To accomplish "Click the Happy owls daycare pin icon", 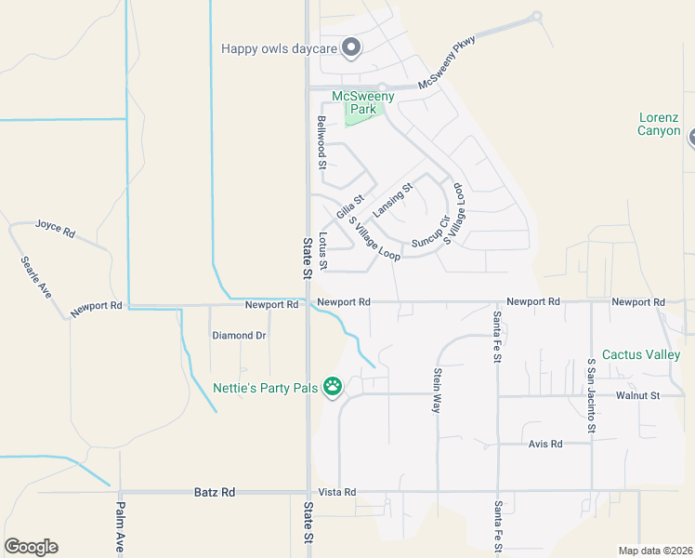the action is [351, 47].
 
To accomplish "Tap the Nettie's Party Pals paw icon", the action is [333, 387].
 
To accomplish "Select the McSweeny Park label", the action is [363, 102].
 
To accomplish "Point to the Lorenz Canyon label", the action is [659, 124].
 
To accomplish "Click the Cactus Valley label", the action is [641, 354].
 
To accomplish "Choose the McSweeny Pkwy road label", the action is [447, 62].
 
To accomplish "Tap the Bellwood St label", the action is [321, 142].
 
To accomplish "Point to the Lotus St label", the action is [322, 251].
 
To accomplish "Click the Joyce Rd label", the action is [54, 227].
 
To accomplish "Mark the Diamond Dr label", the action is [239, 335].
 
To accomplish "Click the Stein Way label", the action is [437, 390].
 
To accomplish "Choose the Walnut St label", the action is [636, 395].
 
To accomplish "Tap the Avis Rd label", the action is [545, 444].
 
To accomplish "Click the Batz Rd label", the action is [215, 491].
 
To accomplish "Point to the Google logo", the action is [31, 547].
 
